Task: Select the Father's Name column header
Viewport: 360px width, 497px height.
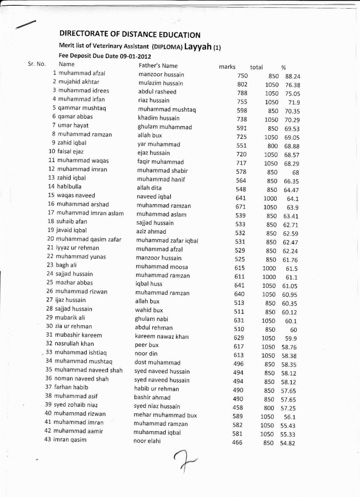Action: coord(158,65)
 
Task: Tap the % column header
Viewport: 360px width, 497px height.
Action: coord(283,67)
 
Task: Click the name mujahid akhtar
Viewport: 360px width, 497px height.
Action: coord(79,82)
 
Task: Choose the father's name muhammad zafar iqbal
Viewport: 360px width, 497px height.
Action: coord(167,241)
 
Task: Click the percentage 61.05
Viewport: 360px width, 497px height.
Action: coord(290,286)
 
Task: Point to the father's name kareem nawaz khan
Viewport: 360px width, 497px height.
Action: coord(161,337)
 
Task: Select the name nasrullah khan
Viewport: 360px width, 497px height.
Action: coord(74,343)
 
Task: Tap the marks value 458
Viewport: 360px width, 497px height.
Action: coord(238,408)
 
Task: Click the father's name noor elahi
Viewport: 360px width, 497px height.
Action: coord(147,441)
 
